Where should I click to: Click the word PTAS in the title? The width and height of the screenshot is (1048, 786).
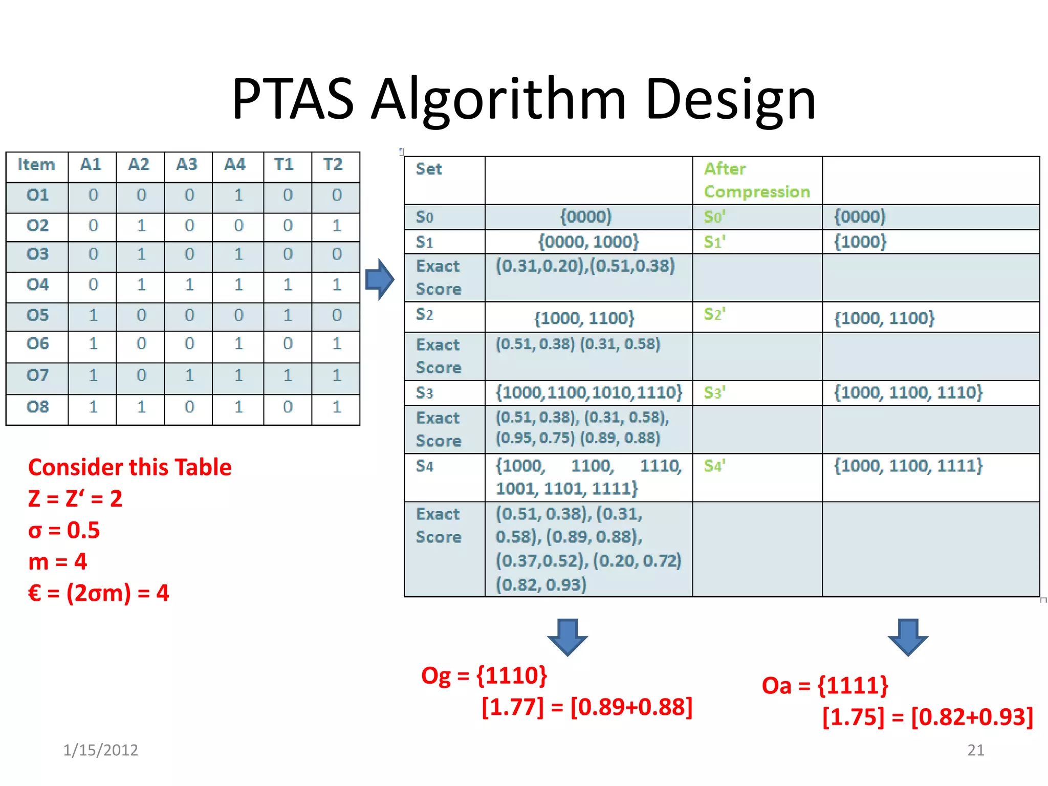pos(293,99)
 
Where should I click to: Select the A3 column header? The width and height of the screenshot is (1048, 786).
pos(187,165)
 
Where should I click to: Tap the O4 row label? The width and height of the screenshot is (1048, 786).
pos(37,285)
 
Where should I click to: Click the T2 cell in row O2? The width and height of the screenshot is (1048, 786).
pos(336,226)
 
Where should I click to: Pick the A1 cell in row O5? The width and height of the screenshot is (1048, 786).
pos(93,315)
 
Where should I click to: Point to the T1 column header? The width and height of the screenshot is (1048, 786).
pos(284,165)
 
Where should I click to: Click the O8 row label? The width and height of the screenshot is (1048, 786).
pos(37,407)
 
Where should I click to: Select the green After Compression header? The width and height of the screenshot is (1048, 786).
pos(756,180)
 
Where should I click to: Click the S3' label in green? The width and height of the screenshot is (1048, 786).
pos(714,393)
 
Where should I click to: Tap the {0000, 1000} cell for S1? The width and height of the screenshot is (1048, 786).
pos(588,242)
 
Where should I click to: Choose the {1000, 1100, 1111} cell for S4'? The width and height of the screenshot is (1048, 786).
pos(908,466)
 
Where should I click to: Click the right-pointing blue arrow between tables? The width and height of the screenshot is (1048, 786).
pos(380,279)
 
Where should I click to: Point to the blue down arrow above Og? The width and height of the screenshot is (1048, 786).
pos(567,637)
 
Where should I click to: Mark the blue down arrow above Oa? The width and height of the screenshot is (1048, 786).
pos(908,637)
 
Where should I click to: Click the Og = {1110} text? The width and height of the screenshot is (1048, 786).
pos(484,675)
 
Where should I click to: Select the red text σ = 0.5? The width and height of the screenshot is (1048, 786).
pos(64,530)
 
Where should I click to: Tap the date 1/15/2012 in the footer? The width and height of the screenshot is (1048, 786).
pos(100,750)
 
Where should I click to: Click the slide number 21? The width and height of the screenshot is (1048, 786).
pos(975,750)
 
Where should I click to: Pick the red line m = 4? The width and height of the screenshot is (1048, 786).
pos(58,562)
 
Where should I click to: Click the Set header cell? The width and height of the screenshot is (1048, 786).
pos(429,169)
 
